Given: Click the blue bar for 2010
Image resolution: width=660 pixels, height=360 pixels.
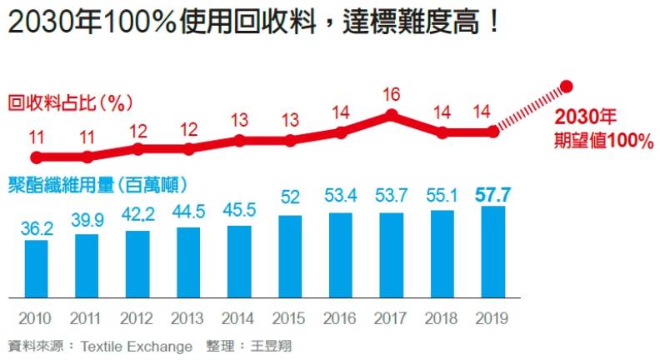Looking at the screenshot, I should [36, 268].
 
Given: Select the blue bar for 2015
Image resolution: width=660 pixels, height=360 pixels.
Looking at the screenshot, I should [290, 257].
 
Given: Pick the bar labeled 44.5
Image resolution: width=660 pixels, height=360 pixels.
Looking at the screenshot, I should [188, 262].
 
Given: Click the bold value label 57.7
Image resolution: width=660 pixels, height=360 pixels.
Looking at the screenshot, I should [492, 196].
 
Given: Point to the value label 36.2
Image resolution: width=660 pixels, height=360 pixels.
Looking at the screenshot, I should [37, 227].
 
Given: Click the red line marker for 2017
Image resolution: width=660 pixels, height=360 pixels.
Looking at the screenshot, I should [392, 115].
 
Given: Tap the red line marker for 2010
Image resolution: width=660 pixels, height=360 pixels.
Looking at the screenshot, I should [36, 157].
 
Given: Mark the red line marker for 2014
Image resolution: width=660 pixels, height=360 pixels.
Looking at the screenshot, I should [240, 140].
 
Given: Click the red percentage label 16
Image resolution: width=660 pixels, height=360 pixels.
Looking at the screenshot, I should [392, 94].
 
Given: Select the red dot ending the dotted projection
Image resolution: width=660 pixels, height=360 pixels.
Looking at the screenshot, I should [567, 86].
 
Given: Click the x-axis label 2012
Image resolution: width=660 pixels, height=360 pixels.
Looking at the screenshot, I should [137, 318].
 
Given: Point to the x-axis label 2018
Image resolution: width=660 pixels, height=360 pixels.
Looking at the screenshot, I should [442, 318].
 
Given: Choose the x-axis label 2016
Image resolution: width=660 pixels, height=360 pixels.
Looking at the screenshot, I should [341, 318].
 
